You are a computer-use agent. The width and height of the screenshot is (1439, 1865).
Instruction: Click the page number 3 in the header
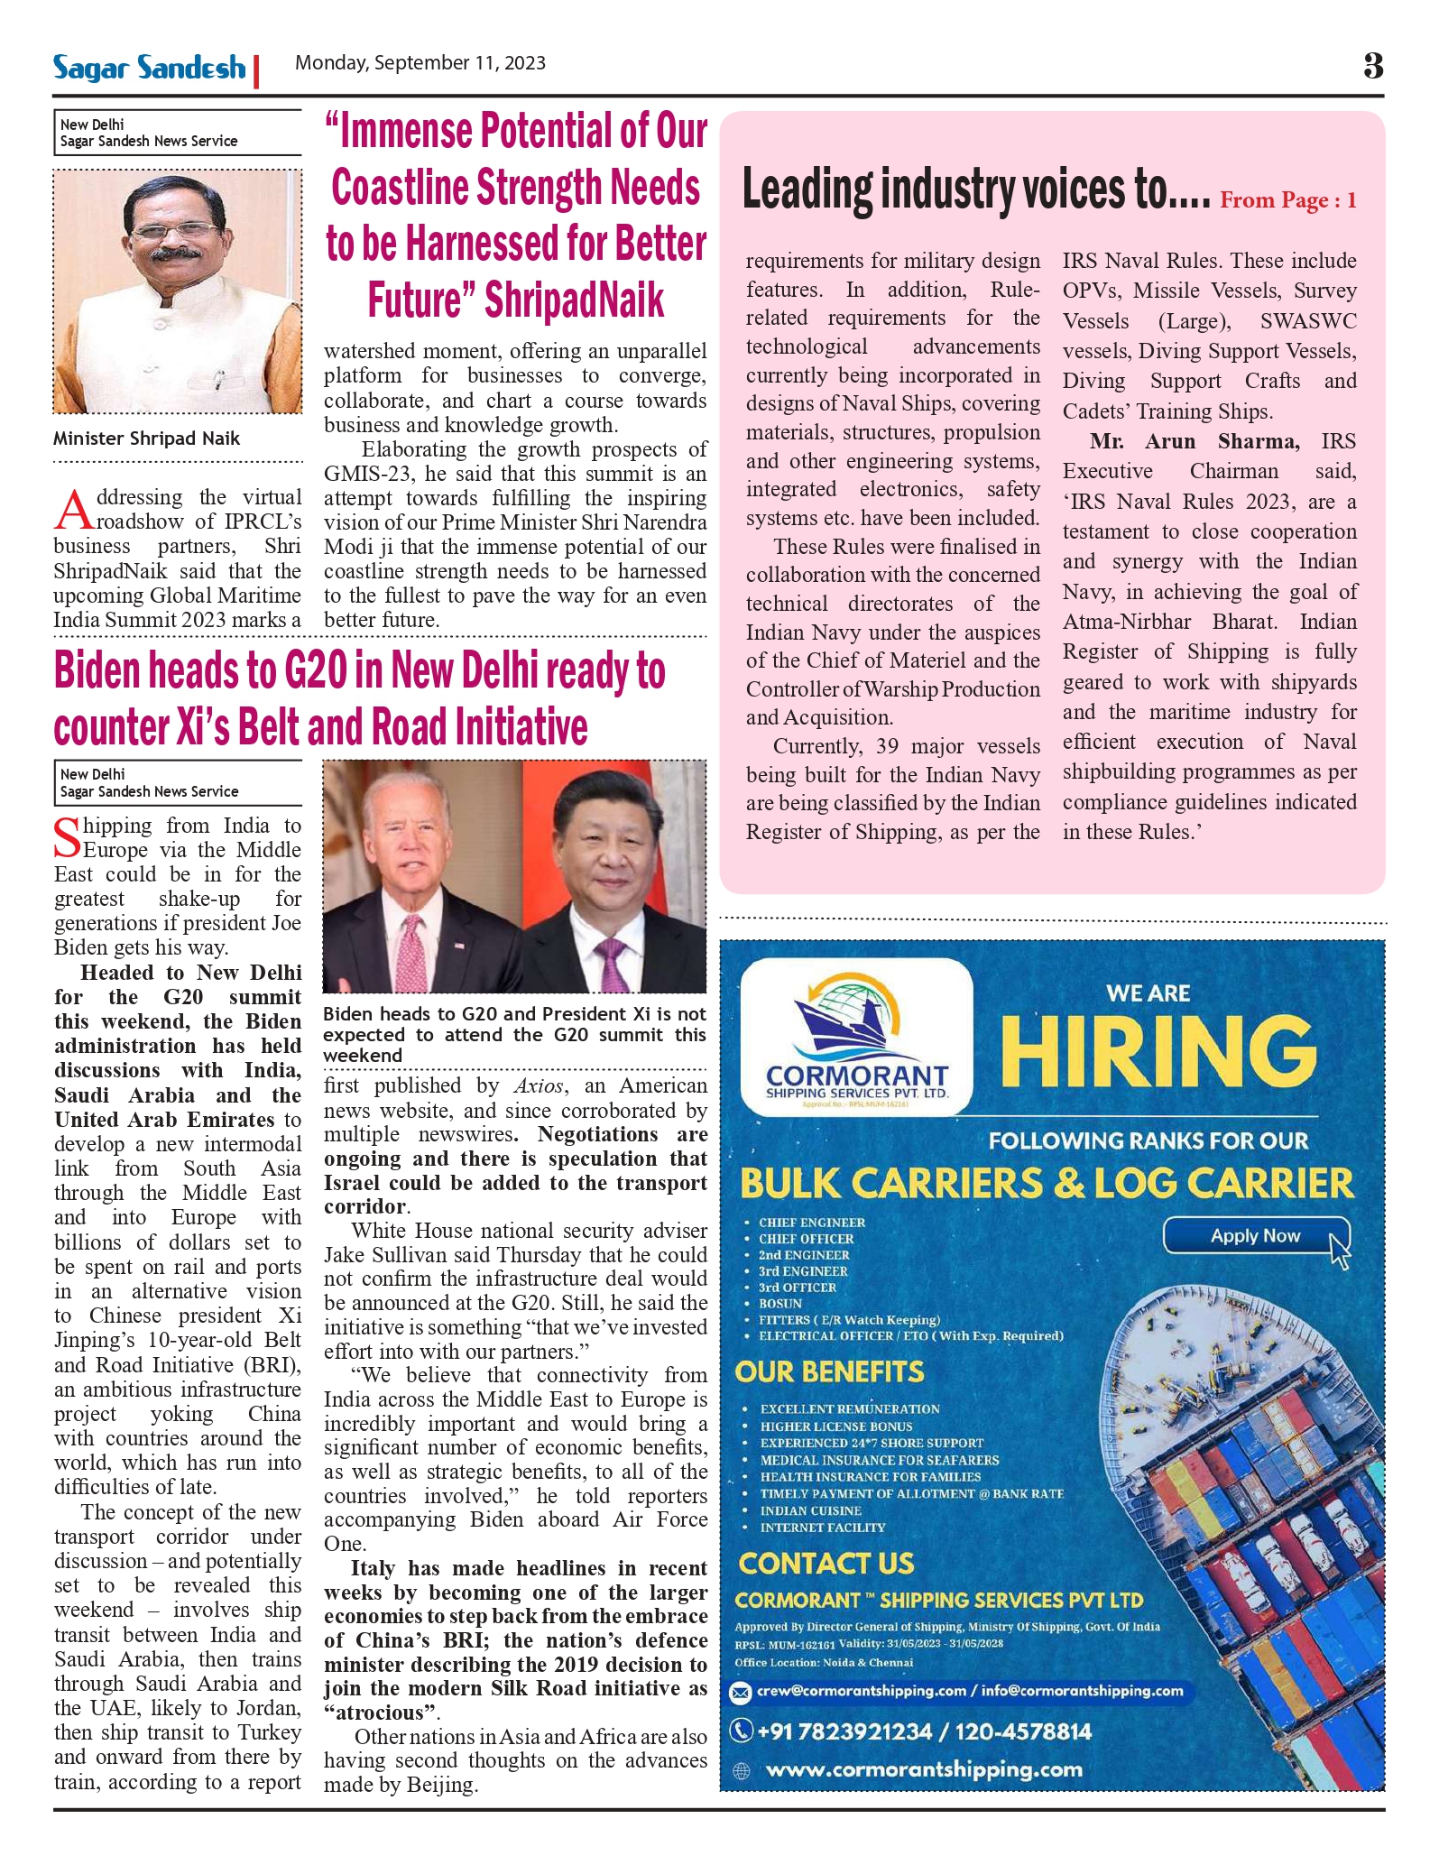coord(1372,66)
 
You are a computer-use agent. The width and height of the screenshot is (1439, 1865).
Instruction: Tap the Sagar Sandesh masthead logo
coord(149,68)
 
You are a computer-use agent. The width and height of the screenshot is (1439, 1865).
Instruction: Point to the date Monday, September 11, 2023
coord(420,63)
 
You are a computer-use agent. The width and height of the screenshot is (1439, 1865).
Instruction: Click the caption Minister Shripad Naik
coord(146,439)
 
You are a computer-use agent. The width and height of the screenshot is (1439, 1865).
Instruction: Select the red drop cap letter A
coord(73,511)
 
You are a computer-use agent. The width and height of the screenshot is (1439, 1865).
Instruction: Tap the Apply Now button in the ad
coord(1255,1236)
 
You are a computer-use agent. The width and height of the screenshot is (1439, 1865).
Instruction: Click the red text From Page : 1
coord(1287,200)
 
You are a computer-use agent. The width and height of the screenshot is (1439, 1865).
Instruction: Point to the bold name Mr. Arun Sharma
coord(1195,441)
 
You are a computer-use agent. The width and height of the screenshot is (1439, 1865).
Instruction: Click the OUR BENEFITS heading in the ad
coord(829,1372)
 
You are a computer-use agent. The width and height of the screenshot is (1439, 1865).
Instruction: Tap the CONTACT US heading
coord(826,1564)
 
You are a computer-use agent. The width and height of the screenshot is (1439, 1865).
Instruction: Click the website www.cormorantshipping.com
coord(924,1769)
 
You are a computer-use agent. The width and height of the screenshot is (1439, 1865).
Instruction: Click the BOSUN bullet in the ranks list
coord(780,1304)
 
